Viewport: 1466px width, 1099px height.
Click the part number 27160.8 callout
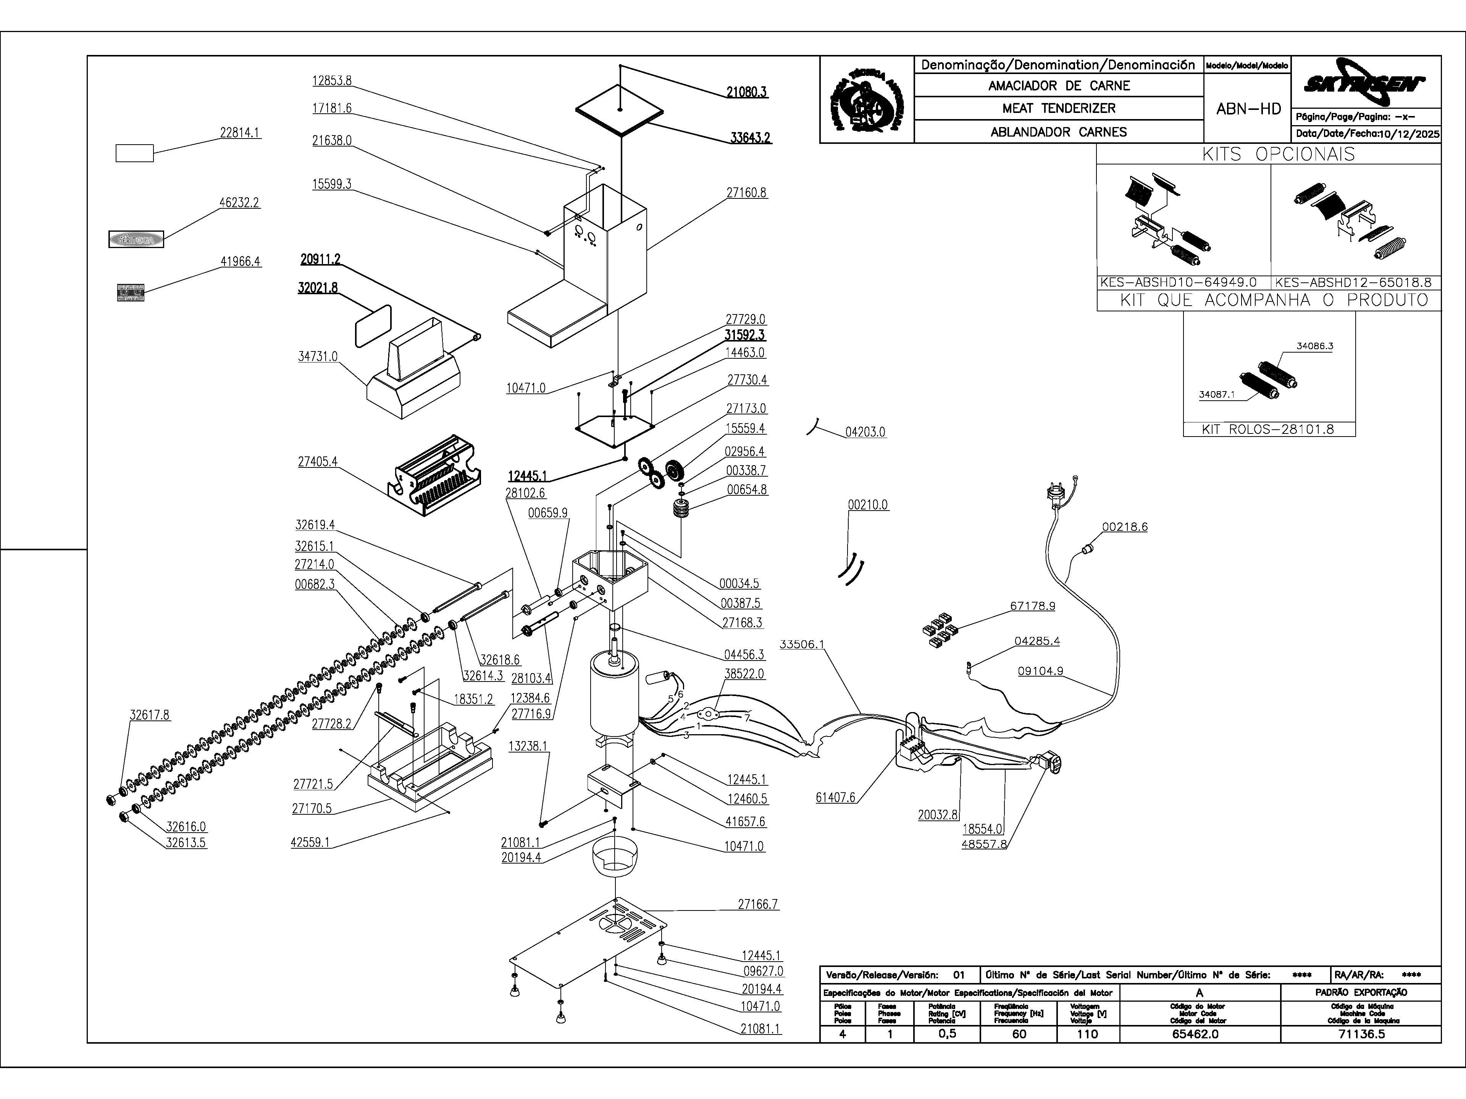tap(746, 193)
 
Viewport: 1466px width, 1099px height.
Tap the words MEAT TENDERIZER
tap(1058, 108)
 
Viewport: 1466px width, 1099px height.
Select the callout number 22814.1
tap(239, 132)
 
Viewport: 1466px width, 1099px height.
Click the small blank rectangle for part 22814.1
tap(134, 153)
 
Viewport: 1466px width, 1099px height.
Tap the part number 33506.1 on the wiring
tap(802, 644)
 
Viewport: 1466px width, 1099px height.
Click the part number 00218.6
tap(1125, 527)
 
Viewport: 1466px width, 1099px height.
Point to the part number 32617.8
tap(149, 715)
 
